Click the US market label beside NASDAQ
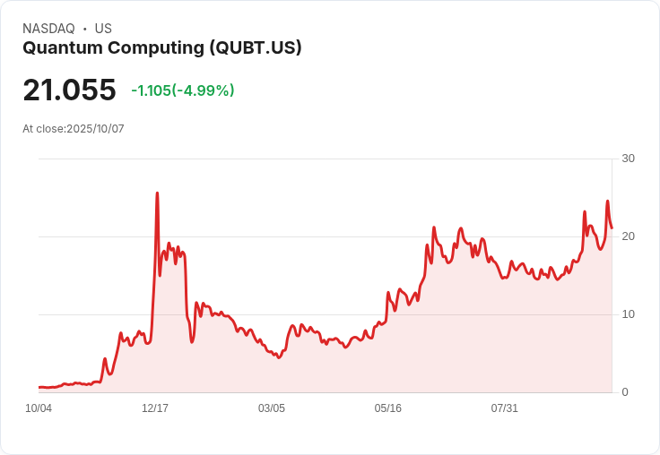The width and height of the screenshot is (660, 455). [x=103, y=29]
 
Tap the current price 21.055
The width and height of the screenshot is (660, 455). [x=69, y=90]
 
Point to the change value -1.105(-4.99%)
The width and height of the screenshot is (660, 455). [x=183, y=90]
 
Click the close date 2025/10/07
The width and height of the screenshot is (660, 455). [x=95, y=129]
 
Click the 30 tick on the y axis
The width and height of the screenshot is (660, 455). [x=628, y=159]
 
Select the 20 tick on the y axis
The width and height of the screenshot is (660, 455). [x=628, y=236]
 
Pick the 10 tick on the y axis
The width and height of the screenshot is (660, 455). [x=628, y=314]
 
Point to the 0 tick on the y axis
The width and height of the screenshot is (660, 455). [x=625, y=392]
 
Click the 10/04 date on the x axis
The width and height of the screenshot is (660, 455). [x=39, y=408]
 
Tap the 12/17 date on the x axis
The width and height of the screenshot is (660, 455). [x=155, y=408]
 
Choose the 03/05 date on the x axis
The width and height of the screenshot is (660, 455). [x=272, y=408]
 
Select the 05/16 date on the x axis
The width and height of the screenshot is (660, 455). [x=388, y=408]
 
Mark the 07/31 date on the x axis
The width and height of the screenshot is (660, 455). [x=505, y=408]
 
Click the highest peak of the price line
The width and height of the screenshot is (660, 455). [x=157, y=193]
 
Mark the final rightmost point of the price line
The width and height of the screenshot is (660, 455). [x=612, y=227]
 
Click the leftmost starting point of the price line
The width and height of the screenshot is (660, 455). [x=39, y=387]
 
